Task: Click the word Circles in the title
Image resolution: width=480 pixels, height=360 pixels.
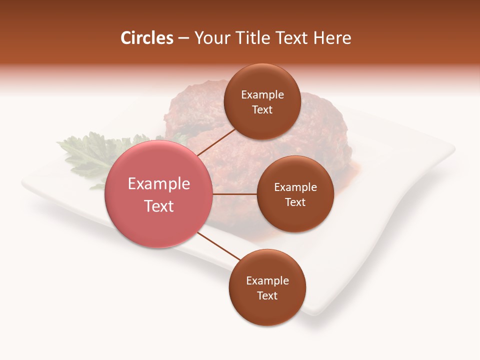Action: click(x=146, y=38)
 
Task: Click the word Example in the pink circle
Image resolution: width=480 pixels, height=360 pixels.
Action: click(x=159, y=184)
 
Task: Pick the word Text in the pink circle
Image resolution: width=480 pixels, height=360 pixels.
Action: click(x=159, y=206)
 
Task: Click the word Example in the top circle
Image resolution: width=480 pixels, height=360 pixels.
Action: click(x=262, y=95)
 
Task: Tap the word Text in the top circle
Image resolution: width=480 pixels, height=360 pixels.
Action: click(x=262, y=110)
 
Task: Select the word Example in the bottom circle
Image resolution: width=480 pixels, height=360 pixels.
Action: click(x=267, y=281)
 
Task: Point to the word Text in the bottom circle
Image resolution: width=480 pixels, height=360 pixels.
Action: click(x=267, y=296)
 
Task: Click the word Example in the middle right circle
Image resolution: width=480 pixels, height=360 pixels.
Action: click(x=295, y=187)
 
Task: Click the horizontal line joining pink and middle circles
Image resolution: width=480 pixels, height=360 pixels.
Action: click(x=234, y=193)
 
